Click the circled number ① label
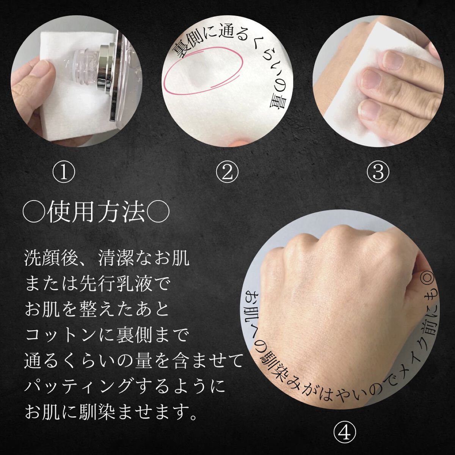pos(64,173)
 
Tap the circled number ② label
pos(227,173)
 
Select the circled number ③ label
pos(378,173)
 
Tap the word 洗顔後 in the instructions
pos(49,259)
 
